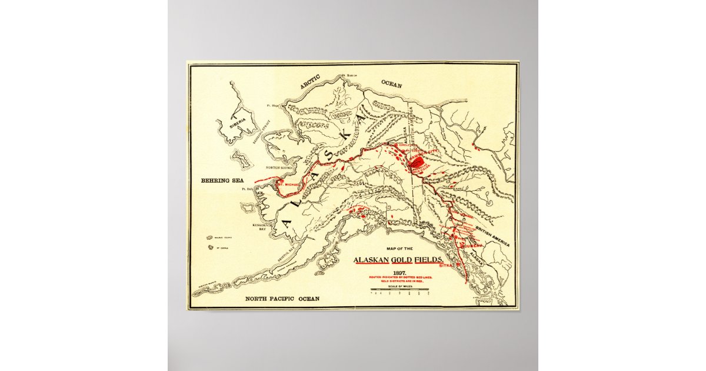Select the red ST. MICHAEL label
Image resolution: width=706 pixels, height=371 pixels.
coord(288,185)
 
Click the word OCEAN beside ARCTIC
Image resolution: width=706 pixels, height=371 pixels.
coord(391,85)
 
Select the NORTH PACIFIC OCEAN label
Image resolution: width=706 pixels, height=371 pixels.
coord(282,299)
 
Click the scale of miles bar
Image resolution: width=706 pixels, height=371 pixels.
coord(399,289)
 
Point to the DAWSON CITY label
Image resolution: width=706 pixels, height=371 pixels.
coord(428,153)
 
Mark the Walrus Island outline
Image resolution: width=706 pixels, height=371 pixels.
coord(209,238)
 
